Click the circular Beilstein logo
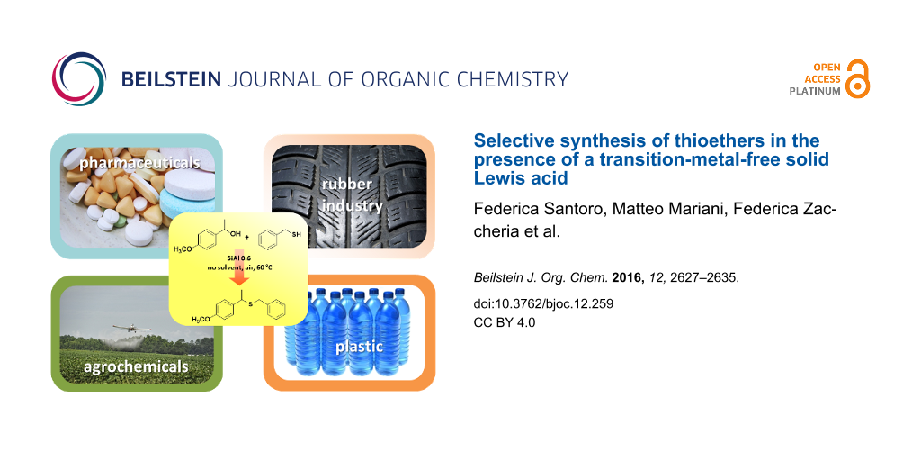coord(79,79)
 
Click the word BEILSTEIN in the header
coord(171,79)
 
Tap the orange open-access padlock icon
coord(857,79)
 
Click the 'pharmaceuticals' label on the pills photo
coord(139,163)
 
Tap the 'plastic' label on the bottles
coord(359,347)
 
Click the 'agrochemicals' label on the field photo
coord(137,367)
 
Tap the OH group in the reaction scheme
coord(228,231)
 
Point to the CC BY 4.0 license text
coord(505,322)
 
